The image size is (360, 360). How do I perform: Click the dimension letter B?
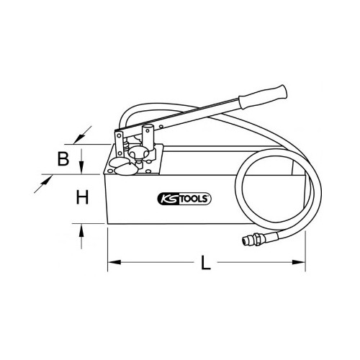pos(63,158)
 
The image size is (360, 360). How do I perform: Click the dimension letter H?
pos(82,197)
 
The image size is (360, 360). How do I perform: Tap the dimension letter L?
pos(206,263)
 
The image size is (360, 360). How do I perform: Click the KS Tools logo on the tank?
pos(184,199)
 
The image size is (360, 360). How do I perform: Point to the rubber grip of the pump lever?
pos(263,96)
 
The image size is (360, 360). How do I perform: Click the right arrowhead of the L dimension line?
pos(299,262)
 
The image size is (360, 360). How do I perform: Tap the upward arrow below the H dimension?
pos(81,236)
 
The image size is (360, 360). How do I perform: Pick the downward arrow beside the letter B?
pos(81,161)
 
